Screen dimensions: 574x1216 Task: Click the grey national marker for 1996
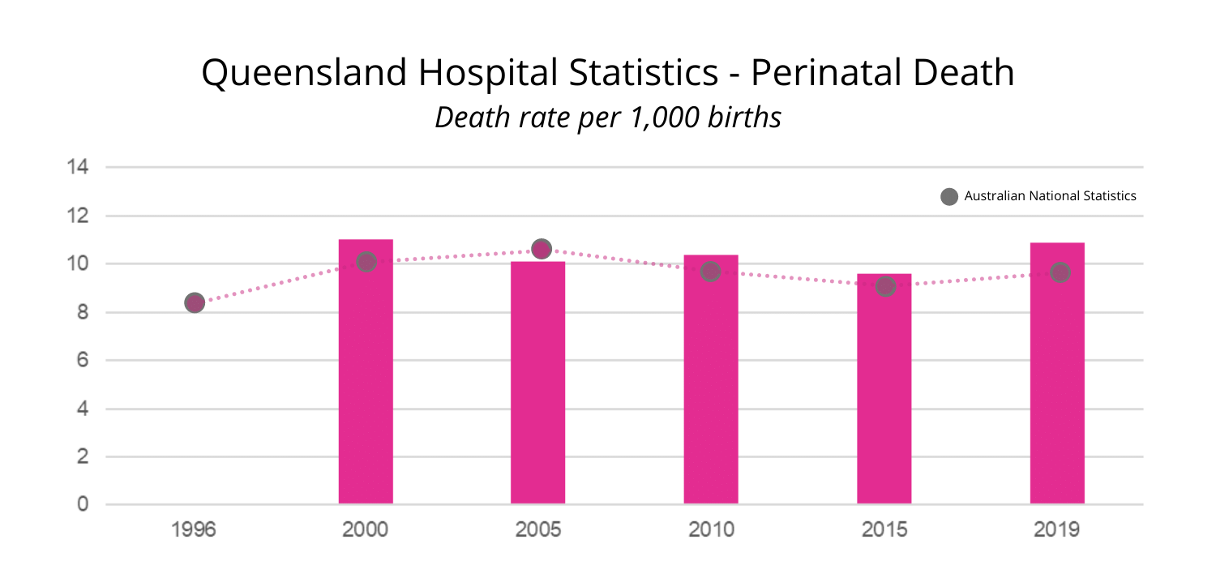(194, 303)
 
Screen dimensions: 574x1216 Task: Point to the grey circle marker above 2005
(542, 249)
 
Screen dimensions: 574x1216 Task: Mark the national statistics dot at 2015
(885, 286)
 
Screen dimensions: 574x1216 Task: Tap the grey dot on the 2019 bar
(1060, 272)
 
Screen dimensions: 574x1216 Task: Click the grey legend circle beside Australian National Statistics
(949, 196)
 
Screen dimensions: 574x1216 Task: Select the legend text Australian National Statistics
(1050, 196)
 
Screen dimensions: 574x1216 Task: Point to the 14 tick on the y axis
(79, 168)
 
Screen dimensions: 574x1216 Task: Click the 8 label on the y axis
(83, 313)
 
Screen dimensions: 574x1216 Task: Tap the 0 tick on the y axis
(83, 505)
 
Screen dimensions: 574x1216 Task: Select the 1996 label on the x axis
(194, 530)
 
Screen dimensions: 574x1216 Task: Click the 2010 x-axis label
(711, 530)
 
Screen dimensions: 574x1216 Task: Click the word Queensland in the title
(305, 74)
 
